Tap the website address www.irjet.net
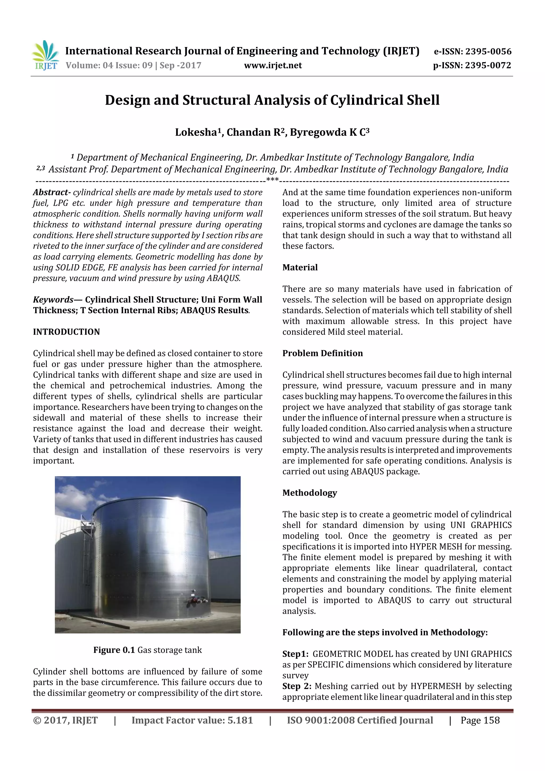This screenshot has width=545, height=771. click(x=273, y=65)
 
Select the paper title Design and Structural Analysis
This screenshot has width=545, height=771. click(x=272, y=100)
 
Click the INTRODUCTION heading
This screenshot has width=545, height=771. click(x=67, y=332)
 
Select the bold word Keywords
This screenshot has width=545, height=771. click(x=53, y=299)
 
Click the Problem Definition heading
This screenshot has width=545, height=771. click(x=322, y=353)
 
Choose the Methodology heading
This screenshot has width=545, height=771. click(x=309, y=493)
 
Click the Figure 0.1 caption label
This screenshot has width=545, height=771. click(x=114, y=650)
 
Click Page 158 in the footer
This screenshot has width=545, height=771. click(x=480, y=720)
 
